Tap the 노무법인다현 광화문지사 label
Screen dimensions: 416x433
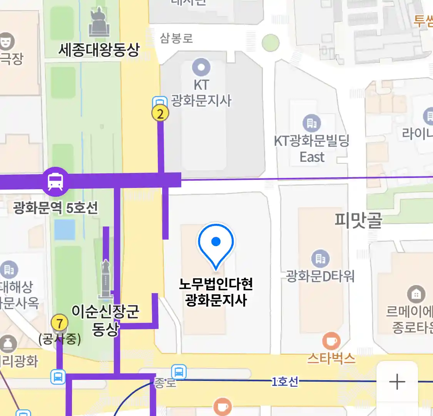coord(216,292)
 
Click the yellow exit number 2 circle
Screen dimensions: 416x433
coord(160,113)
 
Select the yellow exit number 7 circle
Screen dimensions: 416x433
coord(59,323)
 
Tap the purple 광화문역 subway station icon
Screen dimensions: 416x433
coord(56,181)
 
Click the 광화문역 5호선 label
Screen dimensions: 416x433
coord(55,208)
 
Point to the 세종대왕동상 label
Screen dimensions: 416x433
coord(99,50)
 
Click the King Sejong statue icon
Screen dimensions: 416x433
coord(99,22)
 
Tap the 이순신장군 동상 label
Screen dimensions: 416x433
coord(105,320)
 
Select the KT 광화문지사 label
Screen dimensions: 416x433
coord(201,93)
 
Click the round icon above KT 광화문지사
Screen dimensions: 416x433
coord(201,67)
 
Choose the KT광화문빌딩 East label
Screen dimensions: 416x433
coord(312,149)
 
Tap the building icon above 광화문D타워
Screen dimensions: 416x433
coord(320,259)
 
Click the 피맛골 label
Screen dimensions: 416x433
coord(358,220)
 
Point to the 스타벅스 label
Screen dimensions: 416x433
coord(331,358)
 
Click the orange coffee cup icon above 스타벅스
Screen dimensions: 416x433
coord(331,341)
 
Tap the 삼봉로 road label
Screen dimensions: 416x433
coord(176,38)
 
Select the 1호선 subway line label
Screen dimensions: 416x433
coord(284,381)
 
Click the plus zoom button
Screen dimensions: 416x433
coord(397,382)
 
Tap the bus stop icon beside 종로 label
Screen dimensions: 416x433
coord(179,372)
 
